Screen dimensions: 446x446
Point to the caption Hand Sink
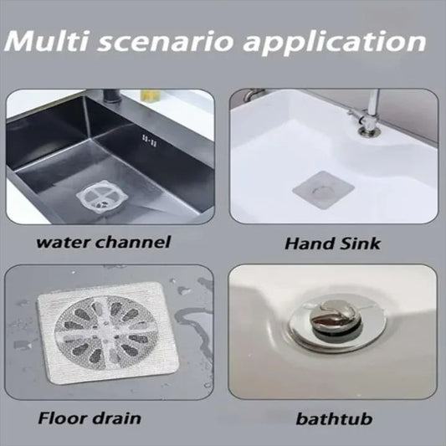point(333,244)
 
